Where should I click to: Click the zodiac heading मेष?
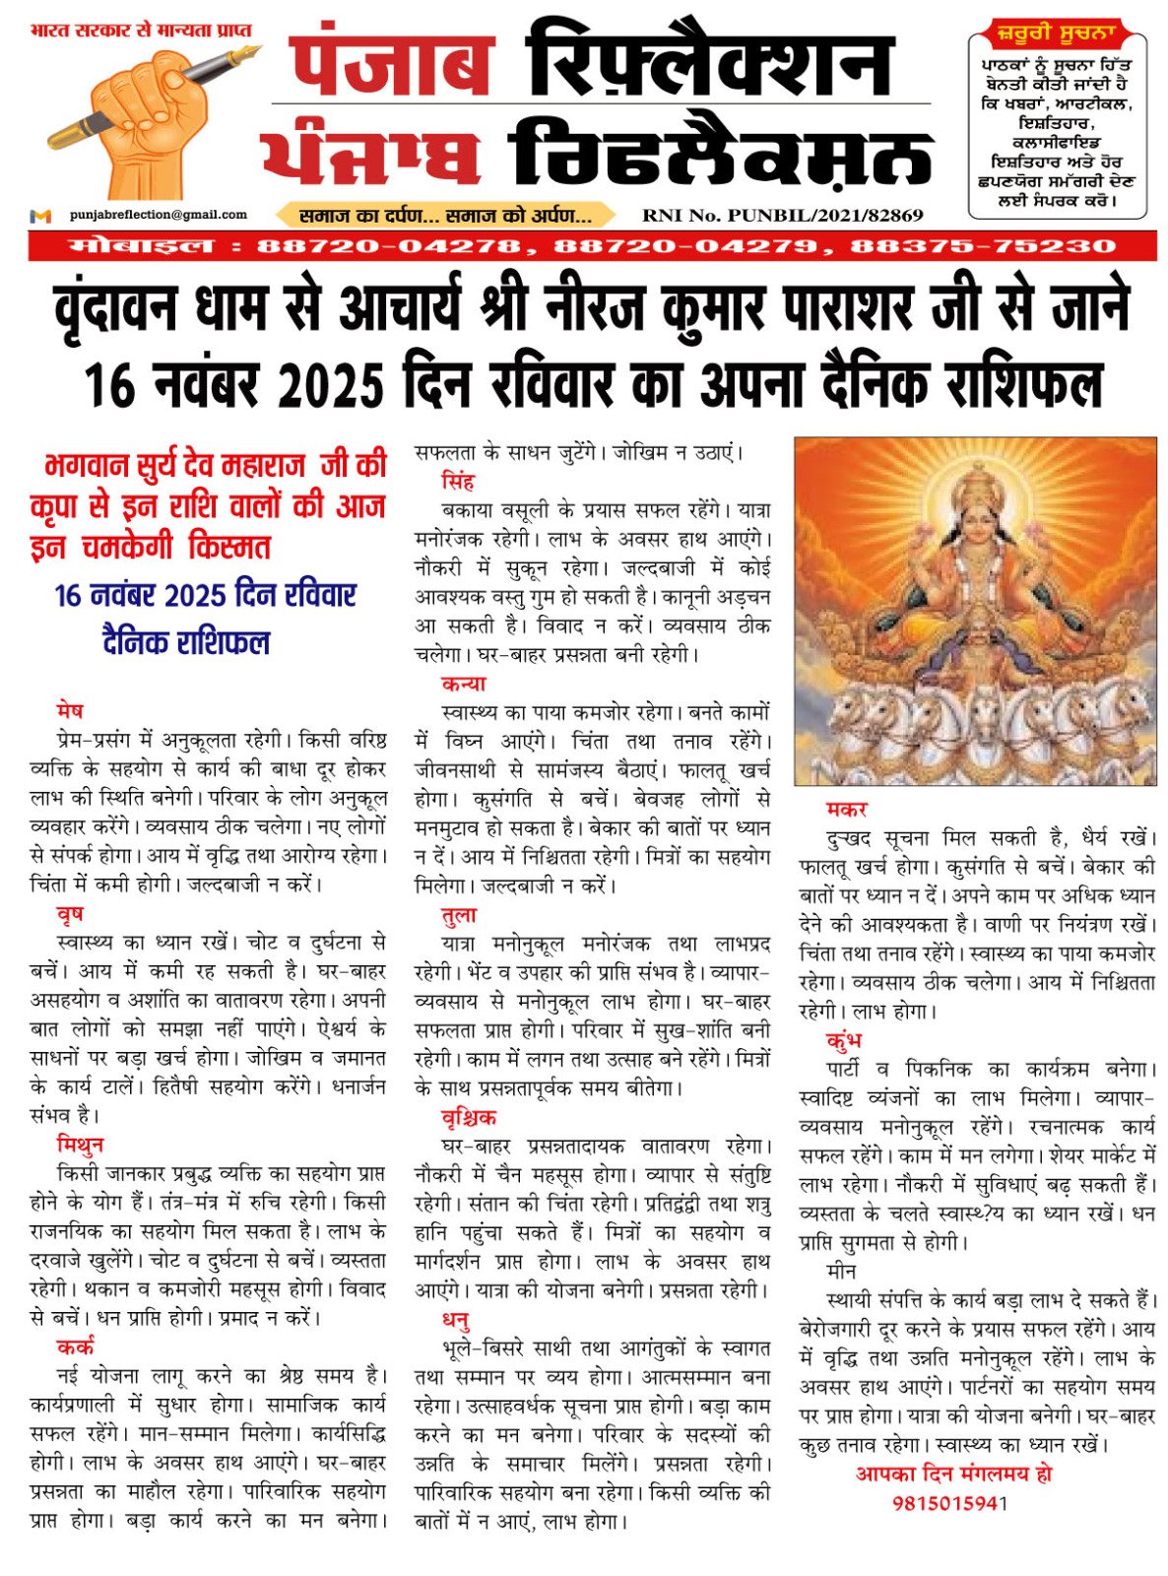[x=70, y=710]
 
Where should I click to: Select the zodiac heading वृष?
[x=70, y=914]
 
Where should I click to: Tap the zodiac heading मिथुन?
[x=80, y=1145]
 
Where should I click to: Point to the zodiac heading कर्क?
[x=76, y=1346]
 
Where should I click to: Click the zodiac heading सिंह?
[x=458, y=482]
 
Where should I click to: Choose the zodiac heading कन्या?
[x=463, y=684]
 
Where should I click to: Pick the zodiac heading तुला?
[x=459, y=915]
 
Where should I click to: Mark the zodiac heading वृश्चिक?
[x=469, y=1117]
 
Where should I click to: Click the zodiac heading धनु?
[x=455, y=1319]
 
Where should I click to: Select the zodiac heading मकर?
[x=847, y=809]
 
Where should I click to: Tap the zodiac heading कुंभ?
[x=845, y=1040]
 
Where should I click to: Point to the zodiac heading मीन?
[x=841, y=1272]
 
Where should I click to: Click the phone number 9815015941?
[x=950, y=1504]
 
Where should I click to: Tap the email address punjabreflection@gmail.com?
[x=159, y=214]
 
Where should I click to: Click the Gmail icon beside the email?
[x=40, y=215]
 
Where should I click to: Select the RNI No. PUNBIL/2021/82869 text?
[x=782, y=215]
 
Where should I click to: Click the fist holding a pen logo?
[x=148, y=118]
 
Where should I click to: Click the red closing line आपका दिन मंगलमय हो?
[x=953, y=1475]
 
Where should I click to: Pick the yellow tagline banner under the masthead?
[x=445, y=215]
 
